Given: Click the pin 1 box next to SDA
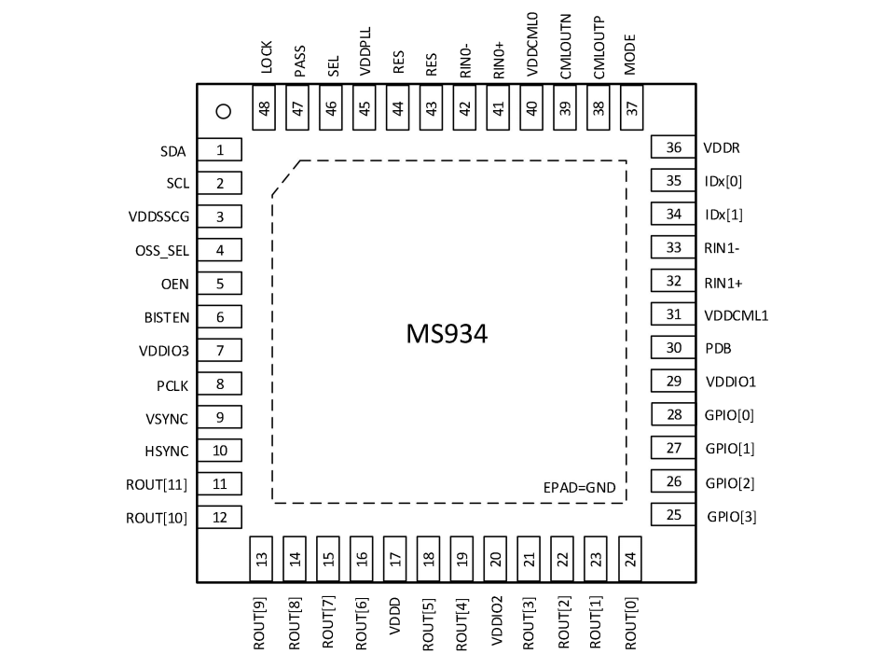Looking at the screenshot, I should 220,150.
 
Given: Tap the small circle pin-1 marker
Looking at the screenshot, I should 222,112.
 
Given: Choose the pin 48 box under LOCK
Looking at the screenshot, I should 266,107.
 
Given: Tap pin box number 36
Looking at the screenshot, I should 674,147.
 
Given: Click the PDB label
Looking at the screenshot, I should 719,348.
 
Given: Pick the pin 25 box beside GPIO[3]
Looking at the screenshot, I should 674,515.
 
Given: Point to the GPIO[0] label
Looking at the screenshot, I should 730,415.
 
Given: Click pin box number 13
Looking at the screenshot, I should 263,559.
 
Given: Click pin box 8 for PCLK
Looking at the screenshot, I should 220,383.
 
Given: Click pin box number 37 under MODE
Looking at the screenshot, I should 632,107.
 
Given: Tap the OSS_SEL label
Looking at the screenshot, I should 161,251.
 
